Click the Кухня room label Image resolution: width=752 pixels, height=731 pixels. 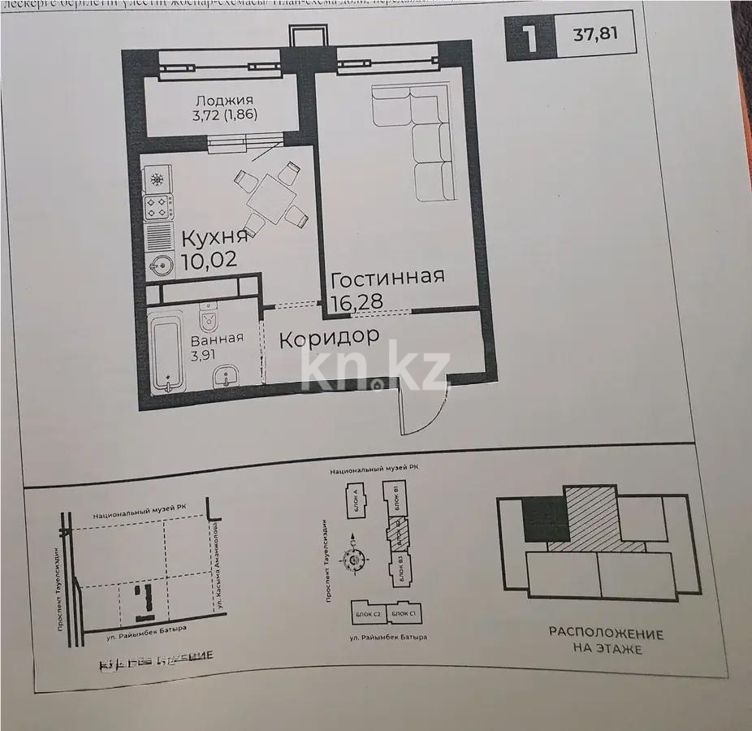tap(214, 238)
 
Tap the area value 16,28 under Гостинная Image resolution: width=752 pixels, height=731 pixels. tap(357, 303)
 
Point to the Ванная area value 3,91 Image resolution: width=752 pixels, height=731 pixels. tap(203, 355)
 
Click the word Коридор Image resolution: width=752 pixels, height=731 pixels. tap(329, 338)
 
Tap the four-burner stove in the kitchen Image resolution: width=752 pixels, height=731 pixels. tap(157, 207)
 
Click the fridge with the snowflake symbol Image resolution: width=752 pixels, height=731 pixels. tap(157, 179)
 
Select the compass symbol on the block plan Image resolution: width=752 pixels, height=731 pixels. tap(354, 558)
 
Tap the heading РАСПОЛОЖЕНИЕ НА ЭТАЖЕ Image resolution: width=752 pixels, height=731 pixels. tap(606, 641)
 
